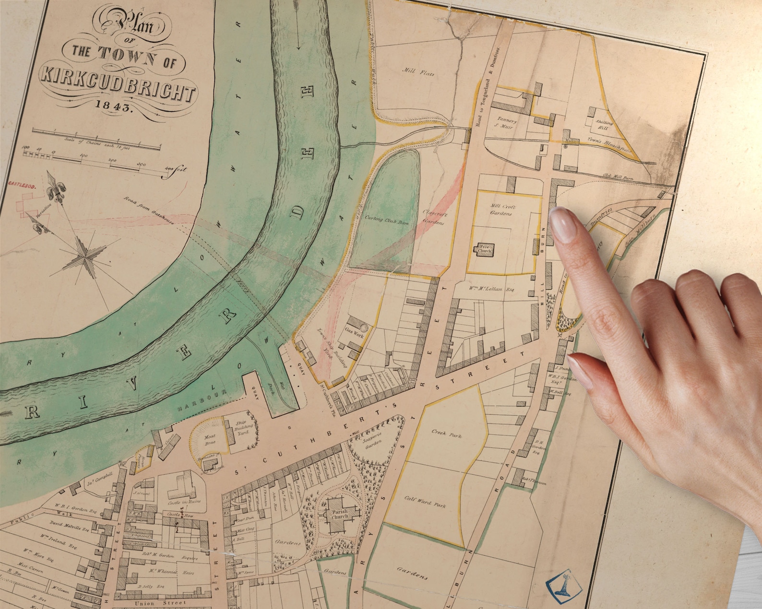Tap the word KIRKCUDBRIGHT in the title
tap(119, 83)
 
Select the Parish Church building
tap(340, 515)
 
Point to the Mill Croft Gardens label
tap(501, 210)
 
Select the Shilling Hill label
tap(603, 125)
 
